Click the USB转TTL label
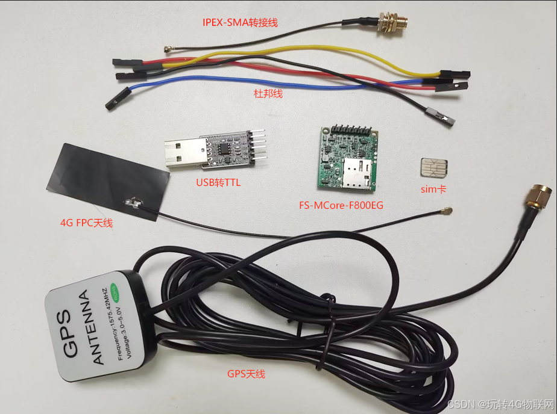(218, 182)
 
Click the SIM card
(434, 167)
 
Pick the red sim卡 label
(433, 189)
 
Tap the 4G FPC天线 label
(86, 223)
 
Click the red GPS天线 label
(246, 374)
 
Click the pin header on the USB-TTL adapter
(257, 146)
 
